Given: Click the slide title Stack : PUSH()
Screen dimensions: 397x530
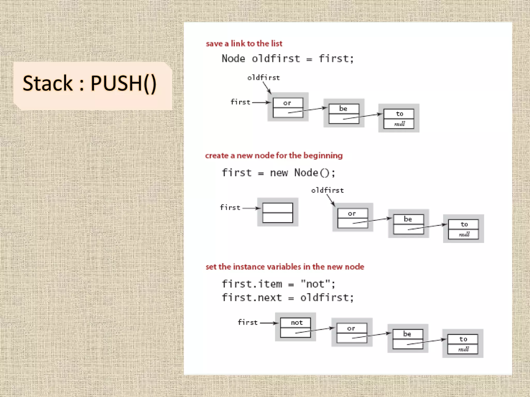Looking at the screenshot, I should tap(90, 83).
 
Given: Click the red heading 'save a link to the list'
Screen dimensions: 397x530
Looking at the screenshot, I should tap(244, 44).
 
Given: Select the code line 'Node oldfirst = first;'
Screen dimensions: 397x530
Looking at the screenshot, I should tap(287, 59).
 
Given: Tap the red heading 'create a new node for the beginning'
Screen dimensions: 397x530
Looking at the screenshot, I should tap(274, 156).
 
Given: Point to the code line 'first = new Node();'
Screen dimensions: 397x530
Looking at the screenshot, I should tap(278, 173).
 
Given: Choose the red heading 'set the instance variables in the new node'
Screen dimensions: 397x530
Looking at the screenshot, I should tap(285, 267).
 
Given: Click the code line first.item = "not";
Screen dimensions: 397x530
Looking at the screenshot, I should tap(278, 284).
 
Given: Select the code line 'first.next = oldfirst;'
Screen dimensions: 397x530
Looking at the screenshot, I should tap(287, 298).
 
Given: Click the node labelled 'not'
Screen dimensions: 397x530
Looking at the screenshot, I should tap(296, 327).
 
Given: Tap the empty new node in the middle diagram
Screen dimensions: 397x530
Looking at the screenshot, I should tap(277, 212).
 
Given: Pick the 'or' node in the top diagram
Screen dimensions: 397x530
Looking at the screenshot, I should tap(288, 107).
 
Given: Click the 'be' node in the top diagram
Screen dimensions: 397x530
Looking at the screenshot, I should tap(344, 113).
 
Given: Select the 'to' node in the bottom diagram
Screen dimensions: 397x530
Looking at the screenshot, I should tap(463, 343).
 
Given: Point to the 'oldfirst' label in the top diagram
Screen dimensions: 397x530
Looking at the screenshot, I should tap(263, 78).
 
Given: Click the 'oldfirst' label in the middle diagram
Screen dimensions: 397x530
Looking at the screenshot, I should tap(327, 190).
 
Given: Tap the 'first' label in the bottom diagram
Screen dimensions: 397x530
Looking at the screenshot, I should tap(248, 323).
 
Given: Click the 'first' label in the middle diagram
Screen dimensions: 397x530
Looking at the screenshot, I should tap(230, 208).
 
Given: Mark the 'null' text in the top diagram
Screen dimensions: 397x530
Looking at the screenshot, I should tap(399, 124).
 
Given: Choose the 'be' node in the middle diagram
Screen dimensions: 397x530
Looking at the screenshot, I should tap(408, 224).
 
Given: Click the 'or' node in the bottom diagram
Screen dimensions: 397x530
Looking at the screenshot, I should tap(352, 333).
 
